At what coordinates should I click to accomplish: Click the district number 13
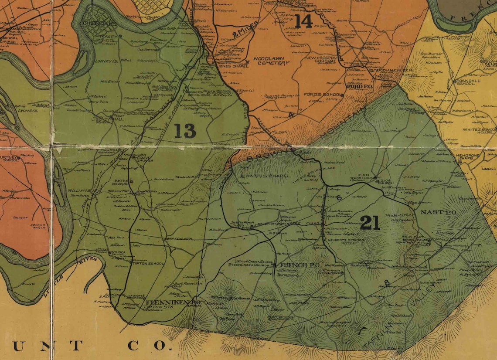point(185,131)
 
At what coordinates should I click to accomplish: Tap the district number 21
point(370,223)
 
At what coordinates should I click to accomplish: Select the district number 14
point(303,21)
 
